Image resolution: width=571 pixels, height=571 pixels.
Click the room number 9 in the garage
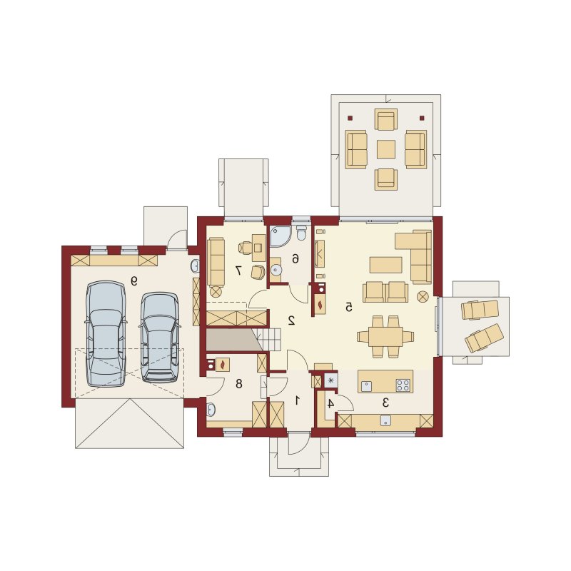134,281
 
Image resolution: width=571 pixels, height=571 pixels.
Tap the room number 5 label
348,308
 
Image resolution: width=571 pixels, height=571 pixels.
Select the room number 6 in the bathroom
295,259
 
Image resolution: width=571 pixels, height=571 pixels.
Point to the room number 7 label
238,270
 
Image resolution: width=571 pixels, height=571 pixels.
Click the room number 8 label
239,383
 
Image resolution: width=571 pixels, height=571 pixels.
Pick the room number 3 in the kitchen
385,403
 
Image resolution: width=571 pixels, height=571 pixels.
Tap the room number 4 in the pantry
330,403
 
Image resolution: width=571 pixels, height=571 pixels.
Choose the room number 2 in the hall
291,320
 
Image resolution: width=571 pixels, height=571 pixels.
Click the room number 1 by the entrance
297,400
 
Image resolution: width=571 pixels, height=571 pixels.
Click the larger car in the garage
106,333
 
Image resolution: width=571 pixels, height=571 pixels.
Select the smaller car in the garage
160,338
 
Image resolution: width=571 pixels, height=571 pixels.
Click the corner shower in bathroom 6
280,236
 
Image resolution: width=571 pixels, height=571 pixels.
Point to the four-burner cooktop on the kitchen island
403,385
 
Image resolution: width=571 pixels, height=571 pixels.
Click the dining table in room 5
385,336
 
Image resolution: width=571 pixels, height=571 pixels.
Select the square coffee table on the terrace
386,149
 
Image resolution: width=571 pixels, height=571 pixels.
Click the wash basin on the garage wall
195,266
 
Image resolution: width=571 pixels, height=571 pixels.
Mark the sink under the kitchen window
385,420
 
